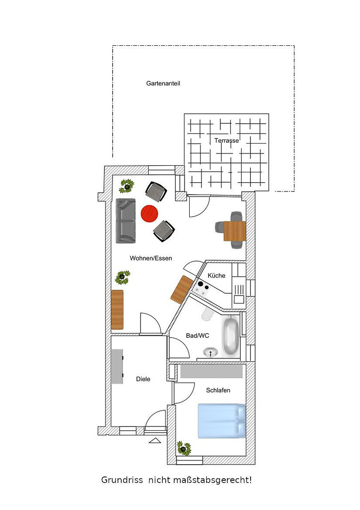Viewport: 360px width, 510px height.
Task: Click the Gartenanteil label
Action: pyautogui.click(x=163, y=84)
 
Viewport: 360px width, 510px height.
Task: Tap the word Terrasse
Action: pyautogui.click(x=226, y=141)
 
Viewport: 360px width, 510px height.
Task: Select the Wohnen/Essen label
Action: pyautogui.click(x=151, y=258)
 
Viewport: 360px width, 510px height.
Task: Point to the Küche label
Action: pyautogui.click(x=217, y=275)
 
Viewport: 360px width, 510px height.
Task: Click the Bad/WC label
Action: pyautogui.click(x=198, y=336)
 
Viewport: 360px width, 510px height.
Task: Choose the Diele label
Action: pyautogui.click(x=143, y=379)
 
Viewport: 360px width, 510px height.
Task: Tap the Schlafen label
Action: pyautogui.click(x=218, y=391)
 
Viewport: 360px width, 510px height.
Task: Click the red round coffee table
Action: pyautogui.click(x=150, y=214)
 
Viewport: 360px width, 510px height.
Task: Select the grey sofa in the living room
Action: pyautogui.click(x=126, y=221)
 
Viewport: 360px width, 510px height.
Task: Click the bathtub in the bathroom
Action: pyautogui.click(x=231, y=337)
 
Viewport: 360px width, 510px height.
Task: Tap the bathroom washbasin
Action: pyautogui.click(x=210, y=352)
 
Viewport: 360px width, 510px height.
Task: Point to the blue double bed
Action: pyautogui.click(x=222, y=421)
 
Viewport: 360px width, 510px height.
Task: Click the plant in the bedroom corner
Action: pyautogui.click(x=184, y=448)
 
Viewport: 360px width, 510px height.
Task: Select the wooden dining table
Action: pyautogui.click(x=234, y=231)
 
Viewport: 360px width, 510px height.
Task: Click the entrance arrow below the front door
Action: pyautogui.click(x=155, y=441)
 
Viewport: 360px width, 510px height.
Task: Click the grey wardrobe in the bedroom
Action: pyautogui.click(x=211, y=371)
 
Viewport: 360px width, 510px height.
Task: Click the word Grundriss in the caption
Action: pyautogui.click(x=122, y=480)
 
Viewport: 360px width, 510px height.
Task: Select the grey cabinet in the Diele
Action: pyautogui.click(x=117, y=366)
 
